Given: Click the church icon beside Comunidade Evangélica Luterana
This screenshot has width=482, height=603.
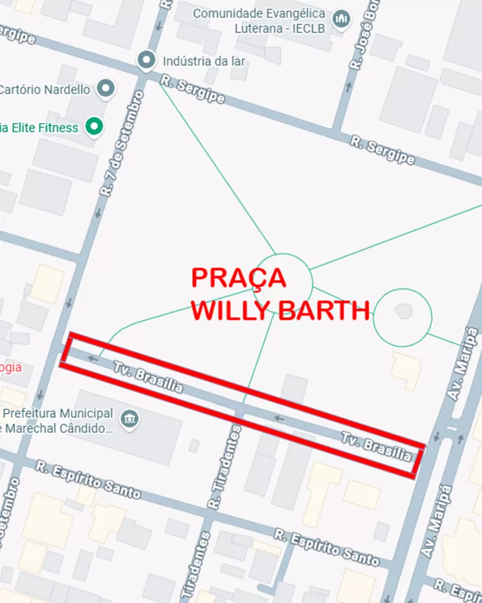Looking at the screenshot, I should [341, 20].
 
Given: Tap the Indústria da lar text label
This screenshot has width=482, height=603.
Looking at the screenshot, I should [203, 62].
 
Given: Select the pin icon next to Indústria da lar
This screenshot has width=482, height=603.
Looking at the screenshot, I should [146, 60].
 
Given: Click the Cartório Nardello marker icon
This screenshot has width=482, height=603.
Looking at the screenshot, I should [106, 89].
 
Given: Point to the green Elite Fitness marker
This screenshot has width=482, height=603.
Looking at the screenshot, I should [94, 128].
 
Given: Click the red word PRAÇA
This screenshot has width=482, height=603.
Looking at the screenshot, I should [238, 278].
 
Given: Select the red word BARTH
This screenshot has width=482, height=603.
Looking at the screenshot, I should [325, 311].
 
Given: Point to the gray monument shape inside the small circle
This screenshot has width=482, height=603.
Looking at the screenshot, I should [402, 310].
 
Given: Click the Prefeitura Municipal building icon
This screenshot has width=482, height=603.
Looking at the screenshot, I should [130, 418].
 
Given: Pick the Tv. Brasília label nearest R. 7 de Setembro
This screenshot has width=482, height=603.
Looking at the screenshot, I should [148, 376].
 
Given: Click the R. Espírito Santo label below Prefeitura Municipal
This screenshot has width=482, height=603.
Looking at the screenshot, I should [88, 479].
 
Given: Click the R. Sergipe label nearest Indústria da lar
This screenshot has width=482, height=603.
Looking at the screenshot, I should [191, 90].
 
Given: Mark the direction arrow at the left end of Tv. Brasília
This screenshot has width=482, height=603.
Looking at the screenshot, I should [94, 359].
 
